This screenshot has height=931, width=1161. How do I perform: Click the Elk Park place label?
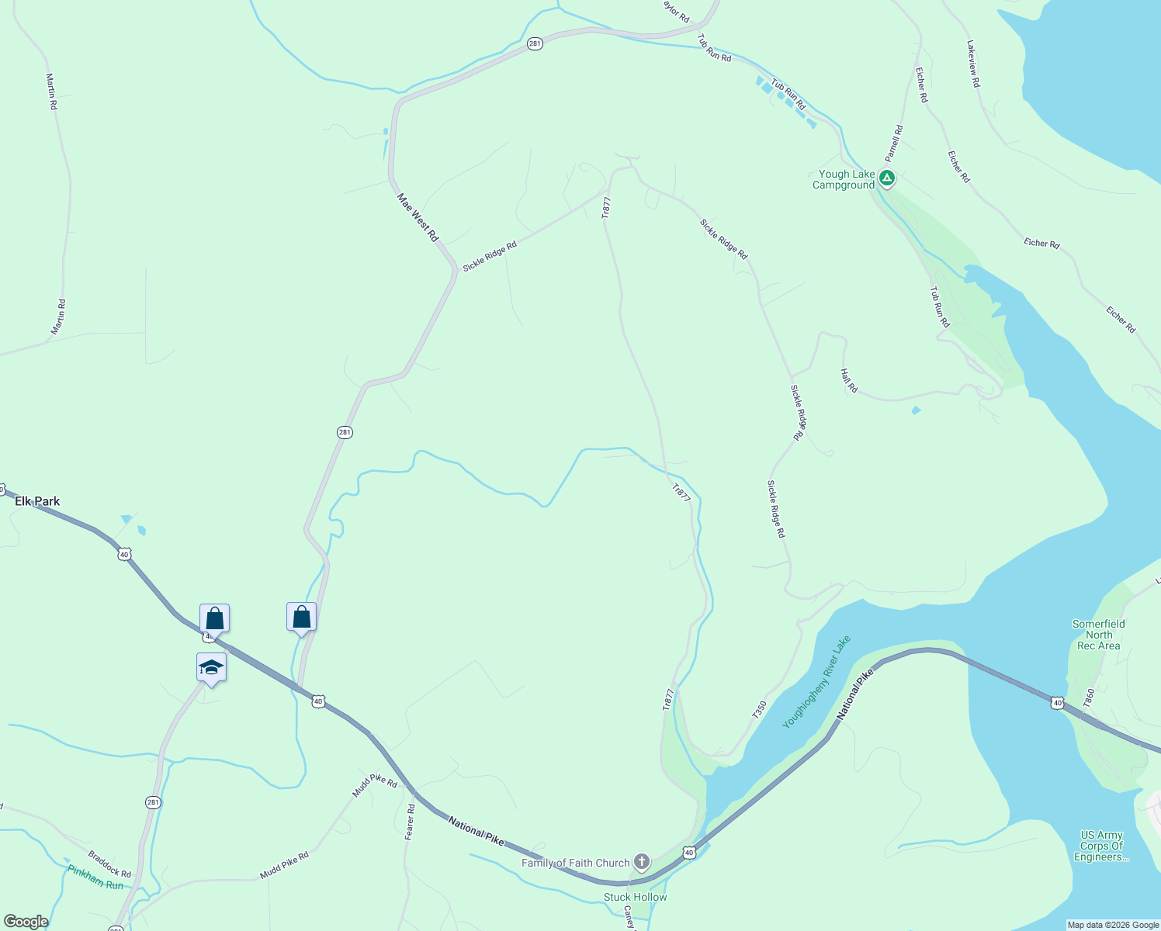[x=37, y=501]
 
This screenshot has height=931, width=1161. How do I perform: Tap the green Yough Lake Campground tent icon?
[x=887, y=178]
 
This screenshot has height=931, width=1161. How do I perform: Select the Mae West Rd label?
[x=418, y=217]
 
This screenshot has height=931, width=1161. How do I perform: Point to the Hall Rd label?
[x=849, y=380]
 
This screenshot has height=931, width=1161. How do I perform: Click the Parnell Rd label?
[x=894, y=143]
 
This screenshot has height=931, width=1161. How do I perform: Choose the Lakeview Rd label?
[x=973, y=64]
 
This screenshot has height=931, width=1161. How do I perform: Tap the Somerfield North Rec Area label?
[x=1098, y=635]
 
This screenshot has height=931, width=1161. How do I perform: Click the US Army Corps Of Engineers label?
[x=1101, y=846]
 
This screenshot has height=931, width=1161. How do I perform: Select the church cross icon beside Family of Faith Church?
[x=641, y=861]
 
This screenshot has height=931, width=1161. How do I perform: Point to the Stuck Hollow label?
[x=635, y=897]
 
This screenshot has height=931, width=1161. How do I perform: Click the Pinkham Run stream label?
[x=95, y=877]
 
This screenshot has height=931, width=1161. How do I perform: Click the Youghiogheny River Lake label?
[x=816, y=682]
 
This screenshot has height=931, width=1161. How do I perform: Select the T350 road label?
[x=759, y=710]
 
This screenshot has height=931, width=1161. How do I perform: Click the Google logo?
[x=26, y=922]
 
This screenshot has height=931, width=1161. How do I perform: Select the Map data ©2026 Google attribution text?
[x=1113, y=925]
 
